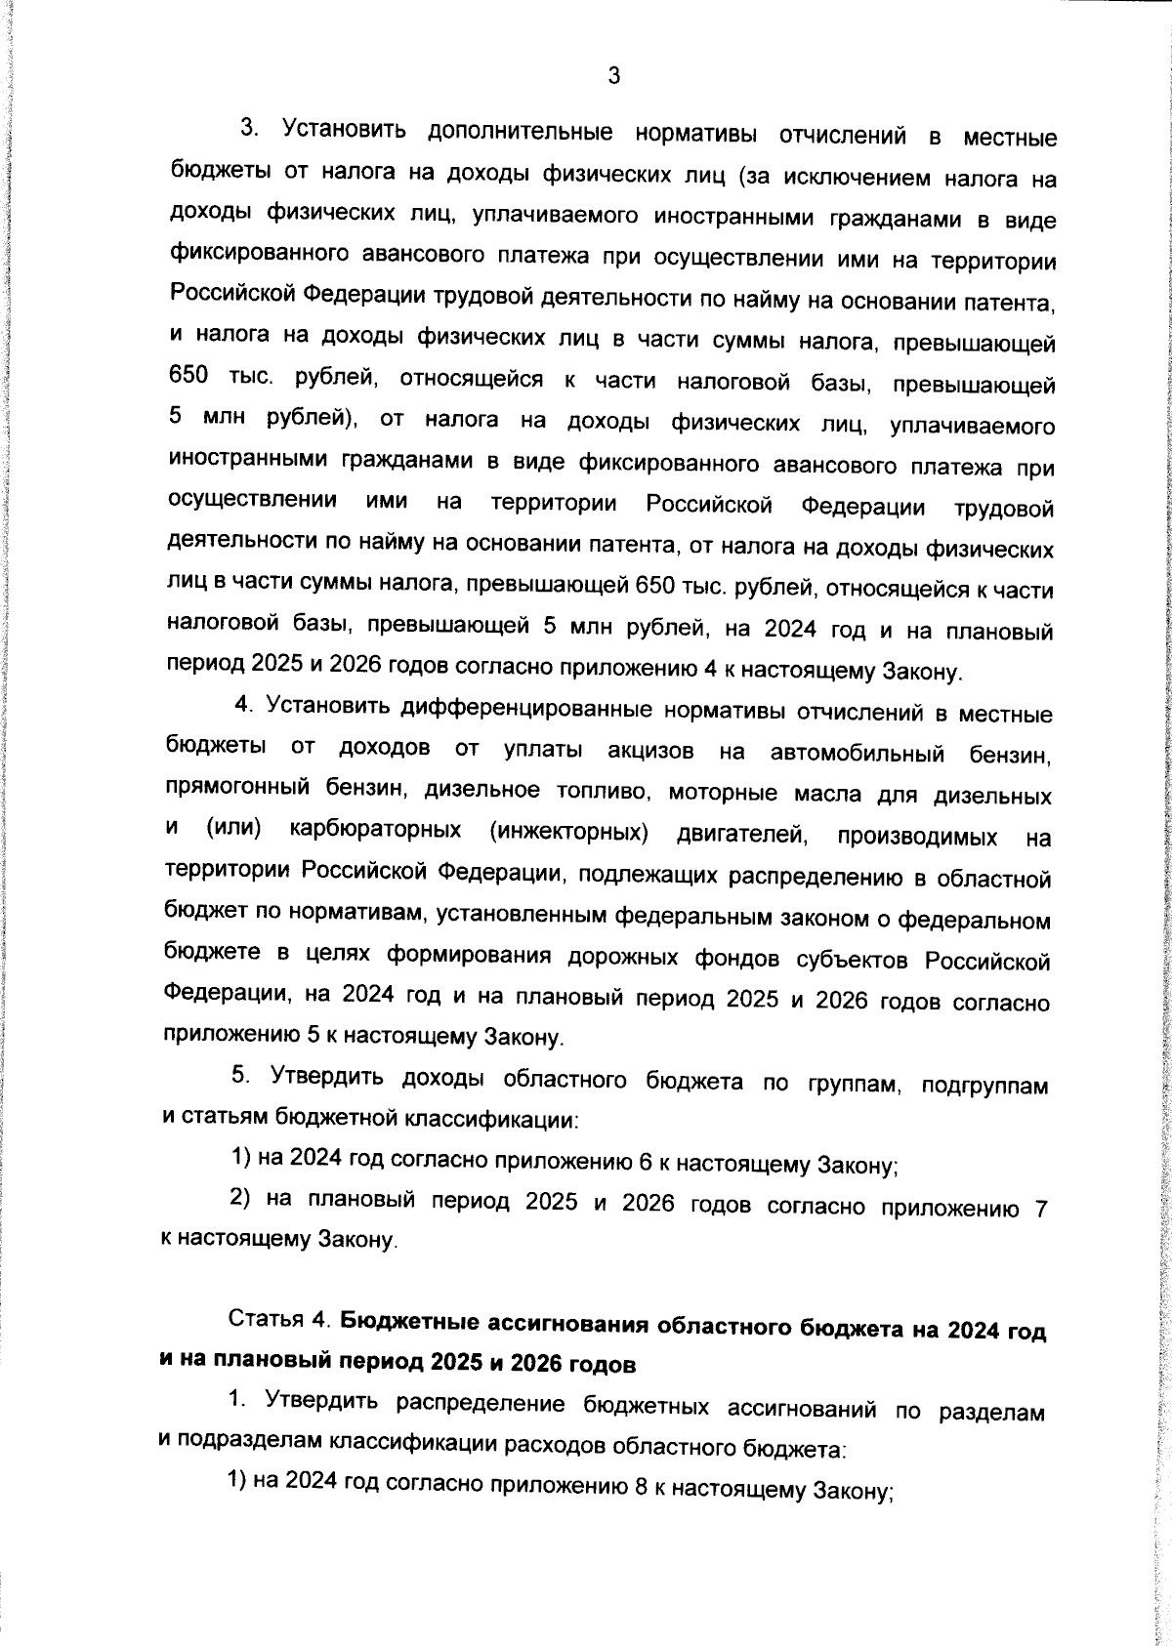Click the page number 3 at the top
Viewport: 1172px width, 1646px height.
[613, 75]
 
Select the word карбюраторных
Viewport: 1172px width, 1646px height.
[375, 831]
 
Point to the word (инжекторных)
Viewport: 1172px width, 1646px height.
[568, 833]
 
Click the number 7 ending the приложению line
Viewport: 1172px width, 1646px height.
[1040, 1209]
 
